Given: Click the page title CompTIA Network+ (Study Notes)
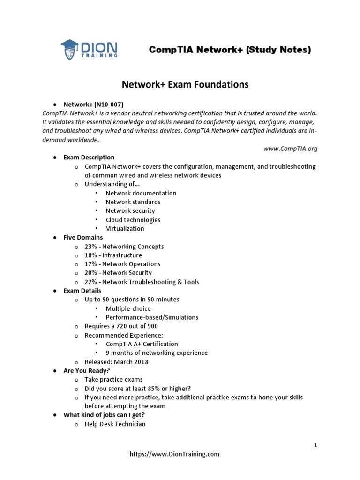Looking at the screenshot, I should (230, 50).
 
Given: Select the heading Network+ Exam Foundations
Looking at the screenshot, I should (185, 85).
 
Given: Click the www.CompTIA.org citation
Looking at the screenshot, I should (290, 149).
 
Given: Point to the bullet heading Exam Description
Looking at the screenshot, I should (89, 157).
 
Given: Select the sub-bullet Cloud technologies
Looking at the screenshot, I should (133, 220).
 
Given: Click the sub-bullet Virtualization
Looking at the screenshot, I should (125, 229).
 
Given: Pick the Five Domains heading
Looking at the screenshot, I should (83, 238).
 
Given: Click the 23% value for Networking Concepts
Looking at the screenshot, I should (91, 247).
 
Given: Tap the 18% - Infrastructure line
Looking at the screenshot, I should (113, 255).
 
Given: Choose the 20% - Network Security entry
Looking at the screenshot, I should (118, 273).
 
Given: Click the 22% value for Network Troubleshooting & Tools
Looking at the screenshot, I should (91, 282).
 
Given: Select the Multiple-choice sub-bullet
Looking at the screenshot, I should (128, 308).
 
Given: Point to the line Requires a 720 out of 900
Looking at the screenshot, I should (121, 326).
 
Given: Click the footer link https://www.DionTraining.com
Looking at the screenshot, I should (174, 454).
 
